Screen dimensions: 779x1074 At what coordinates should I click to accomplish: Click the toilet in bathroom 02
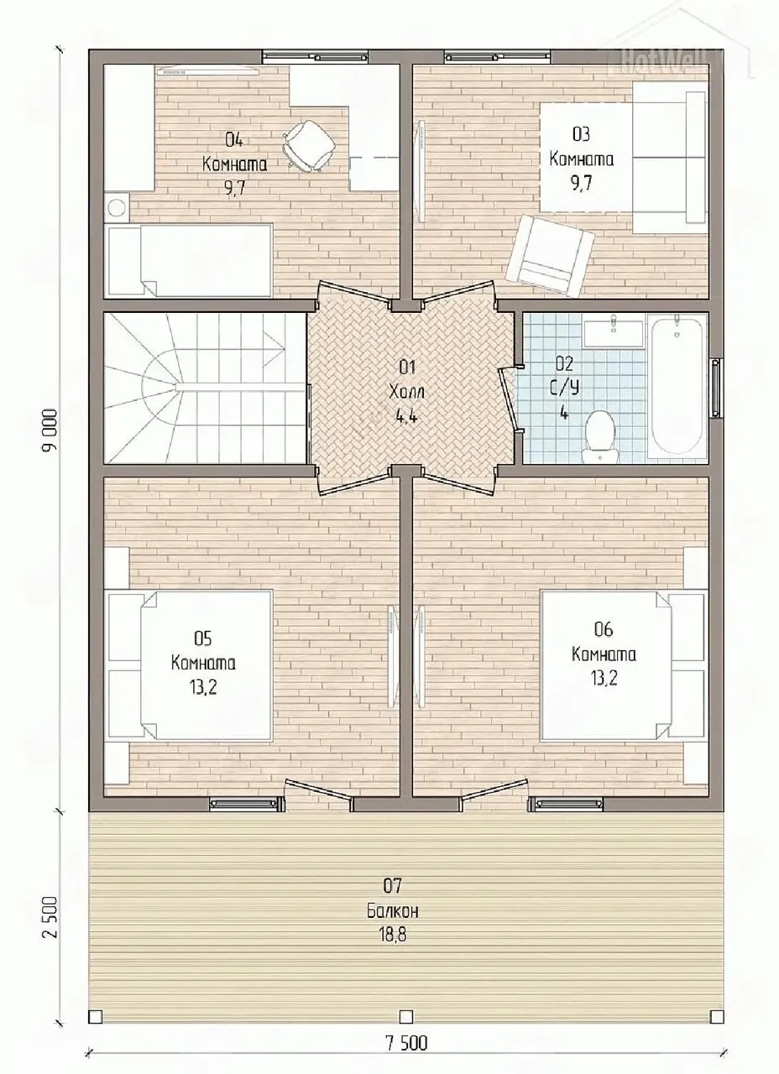pyautogui.click(x=599, y=436)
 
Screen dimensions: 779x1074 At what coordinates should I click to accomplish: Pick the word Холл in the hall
pyautogui.click(x=407, y=392)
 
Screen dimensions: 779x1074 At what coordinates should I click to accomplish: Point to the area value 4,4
pyautogui.click(x=407, y=416)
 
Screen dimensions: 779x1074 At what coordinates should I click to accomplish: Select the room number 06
pyautogui.click(x=604, y=629)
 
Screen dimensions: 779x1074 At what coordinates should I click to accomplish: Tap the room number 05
pyautogui.click(x=202, y=639)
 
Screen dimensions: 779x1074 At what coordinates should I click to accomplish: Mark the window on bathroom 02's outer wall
pyautogui.click(x=716, y=388)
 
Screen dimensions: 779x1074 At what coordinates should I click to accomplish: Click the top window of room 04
pyautogui.click(x=315, y=57)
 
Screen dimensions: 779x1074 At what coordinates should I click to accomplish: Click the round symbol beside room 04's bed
pyautogui.click(x=117, y=208)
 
